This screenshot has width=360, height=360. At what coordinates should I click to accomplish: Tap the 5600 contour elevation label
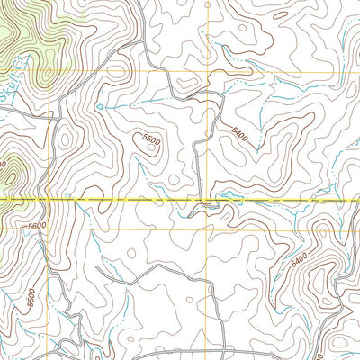tap(37, 226)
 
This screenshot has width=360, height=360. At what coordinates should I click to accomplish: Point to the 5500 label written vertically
tap(31, 294)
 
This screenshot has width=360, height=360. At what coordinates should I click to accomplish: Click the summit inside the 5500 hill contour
tap(151, 153)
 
